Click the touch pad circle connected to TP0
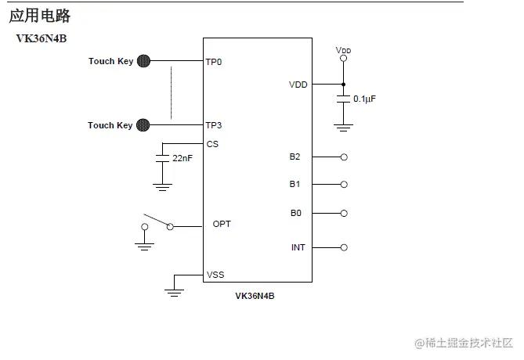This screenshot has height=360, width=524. [144, 61]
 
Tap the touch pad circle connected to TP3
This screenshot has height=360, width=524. [143, 124]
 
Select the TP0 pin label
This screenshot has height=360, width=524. [214, 62]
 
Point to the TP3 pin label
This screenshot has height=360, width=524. [214, 125]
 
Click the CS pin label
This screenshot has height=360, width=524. [212, 144]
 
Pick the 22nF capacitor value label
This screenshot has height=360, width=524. [182, 158]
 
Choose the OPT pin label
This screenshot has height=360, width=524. [222, 224]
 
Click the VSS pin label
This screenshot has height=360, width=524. [215, 275]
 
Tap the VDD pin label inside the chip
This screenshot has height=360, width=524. [298, 85]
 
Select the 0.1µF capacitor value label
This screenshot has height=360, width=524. [364, 99]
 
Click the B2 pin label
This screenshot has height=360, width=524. [295, 157]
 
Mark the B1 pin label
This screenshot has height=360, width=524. [295, 185]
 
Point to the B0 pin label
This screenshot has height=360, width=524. [295, 213]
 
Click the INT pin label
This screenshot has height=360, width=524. [298, 247]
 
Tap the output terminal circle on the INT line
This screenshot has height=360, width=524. [344, 247]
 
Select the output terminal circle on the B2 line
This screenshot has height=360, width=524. [344, 157]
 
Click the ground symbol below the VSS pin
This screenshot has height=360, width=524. [174, 292]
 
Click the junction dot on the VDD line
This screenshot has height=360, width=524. [343, 84]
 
